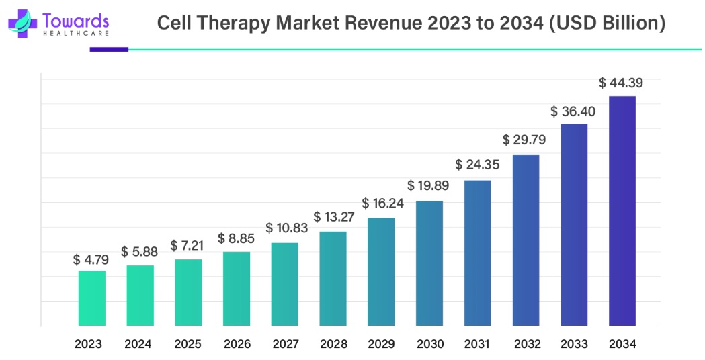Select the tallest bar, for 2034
click(622, 211)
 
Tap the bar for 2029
click(381, 272)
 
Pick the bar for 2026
click(236, 289)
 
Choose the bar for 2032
click(526, 240)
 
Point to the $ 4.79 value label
click(91, 259)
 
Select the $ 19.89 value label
click(429, 186)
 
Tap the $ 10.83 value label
click(284, 229)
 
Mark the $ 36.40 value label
click(573, 111)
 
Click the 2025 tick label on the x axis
click(188, 344)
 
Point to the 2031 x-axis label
click(477, 344)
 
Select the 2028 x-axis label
click(333, 344)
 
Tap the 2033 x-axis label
click(573, 344)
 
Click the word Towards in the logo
click(75, 20)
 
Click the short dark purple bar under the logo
click(108, 49)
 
